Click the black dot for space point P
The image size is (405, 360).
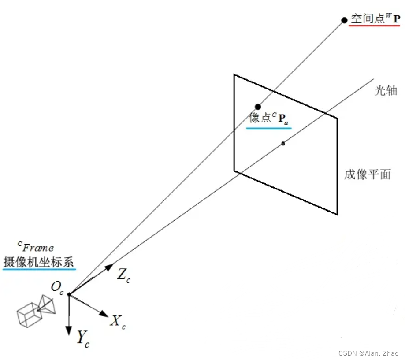[x=344, y=20]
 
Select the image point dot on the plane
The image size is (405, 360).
[x=258, y=106]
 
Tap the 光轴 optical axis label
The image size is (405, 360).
[x=386, y=91]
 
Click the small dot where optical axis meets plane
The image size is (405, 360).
[x=283, y=143]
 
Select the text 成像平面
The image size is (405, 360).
[x=368, y=174]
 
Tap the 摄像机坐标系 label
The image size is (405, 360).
[x=39, y=261]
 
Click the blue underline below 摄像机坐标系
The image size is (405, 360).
[x=39, y=269]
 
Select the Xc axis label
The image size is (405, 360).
[x=118, y=322]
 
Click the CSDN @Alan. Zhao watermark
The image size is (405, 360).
[x=368, y=353]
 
